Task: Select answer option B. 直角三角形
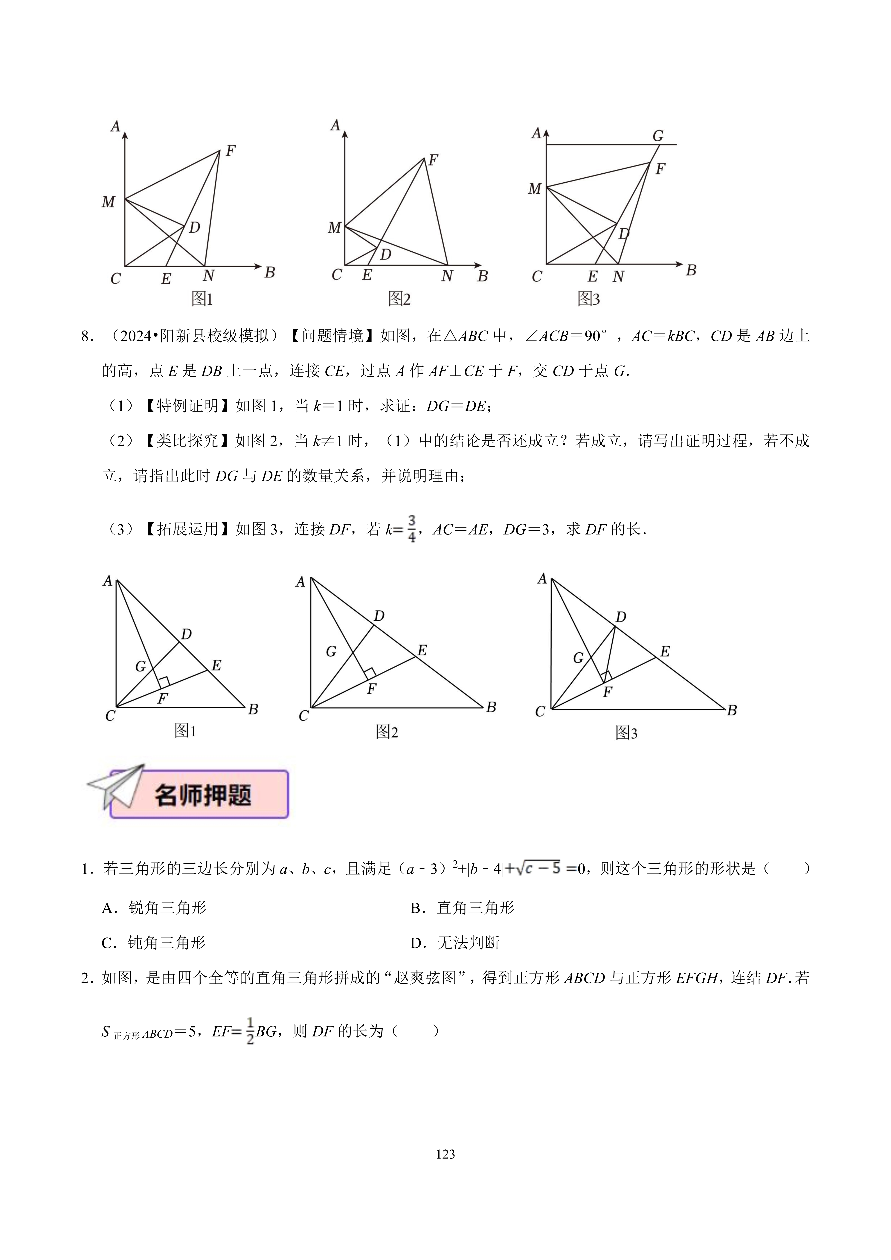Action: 462,908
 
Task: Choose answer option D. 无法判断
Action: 454,943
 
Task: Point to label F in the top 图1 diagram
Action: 231,150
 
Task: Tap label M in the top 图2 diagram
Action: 334,227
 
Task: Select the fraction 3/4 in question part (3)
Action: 412,529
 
